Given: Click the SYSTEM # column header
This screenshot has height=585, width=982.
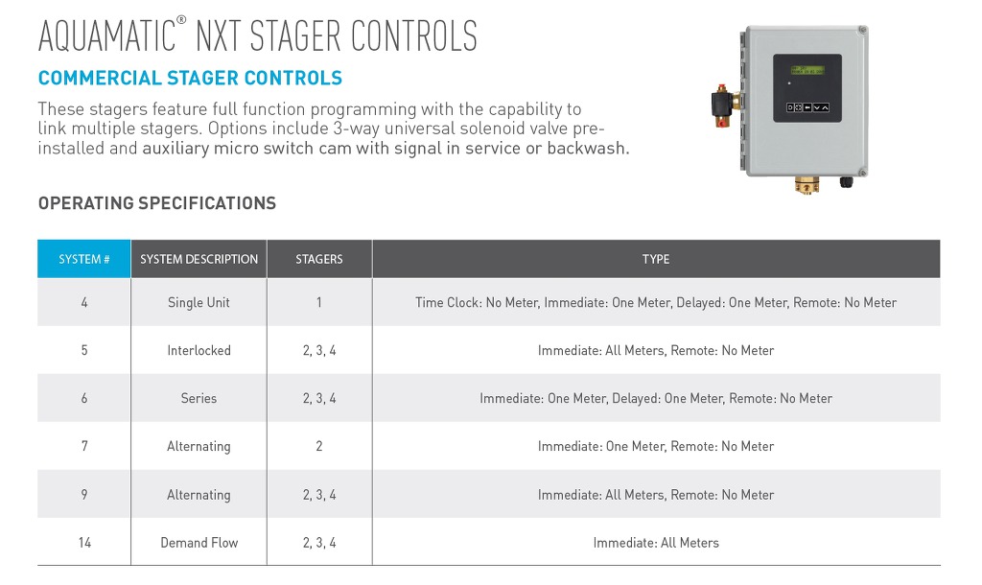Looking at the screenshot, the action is [84, 259].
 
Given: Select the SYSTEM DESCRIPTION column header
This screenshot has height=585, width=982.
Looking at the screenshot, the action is [199, 259].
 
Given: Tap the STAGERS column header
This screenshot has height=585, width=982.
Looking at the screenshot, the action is [319, 259].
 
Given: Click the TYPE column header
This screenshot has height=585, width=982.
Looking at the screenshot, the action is [656, 259].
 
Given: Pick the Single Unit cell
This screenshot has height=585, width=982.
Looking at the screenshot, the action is [199, 302].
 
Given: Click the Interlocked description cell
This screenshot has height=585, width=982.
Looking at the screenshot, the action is [199, 350].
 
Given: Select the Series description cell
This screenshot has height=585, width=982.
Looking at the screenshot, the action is [199, 398].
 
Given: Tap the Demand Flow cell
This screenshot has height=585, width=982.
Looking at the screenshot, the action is [199, 543].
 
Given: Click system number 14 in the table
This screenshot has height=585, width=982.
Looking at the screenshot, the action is [84, 543].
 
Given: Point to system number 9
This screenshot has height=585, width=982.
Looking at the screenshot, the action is [84, 494].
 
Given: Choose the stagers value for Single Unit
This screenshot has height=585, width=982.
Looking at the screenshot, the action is [318, 302].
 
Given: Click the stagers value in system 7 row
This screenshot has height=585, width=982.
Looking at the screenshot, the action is [319, 446].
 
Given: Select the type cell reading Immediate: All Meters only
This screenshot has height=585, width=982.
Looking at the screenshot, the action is [656, 543].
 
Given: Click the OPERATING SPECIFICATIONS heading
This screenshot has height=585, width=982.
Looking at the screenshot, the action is [157, 203].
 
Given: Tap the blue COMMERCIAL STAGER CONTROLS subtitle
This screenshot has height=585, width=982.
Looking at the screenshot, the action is [191, 78].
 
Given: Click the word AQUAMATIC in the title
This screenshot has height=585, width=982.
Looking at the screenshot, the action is [107, 35].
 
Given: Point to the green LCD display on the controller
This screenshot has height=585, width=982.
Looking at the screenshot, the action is [807, 70].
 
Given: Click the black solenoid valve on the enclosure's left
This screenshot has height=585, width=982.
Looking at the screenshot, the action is [721, 105].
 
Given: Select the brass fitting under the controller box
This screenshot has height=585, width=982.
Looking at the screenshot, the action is [807, 185].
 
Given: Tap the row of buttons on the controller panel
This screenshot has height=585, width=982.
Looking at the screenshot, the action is [807, 107].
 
